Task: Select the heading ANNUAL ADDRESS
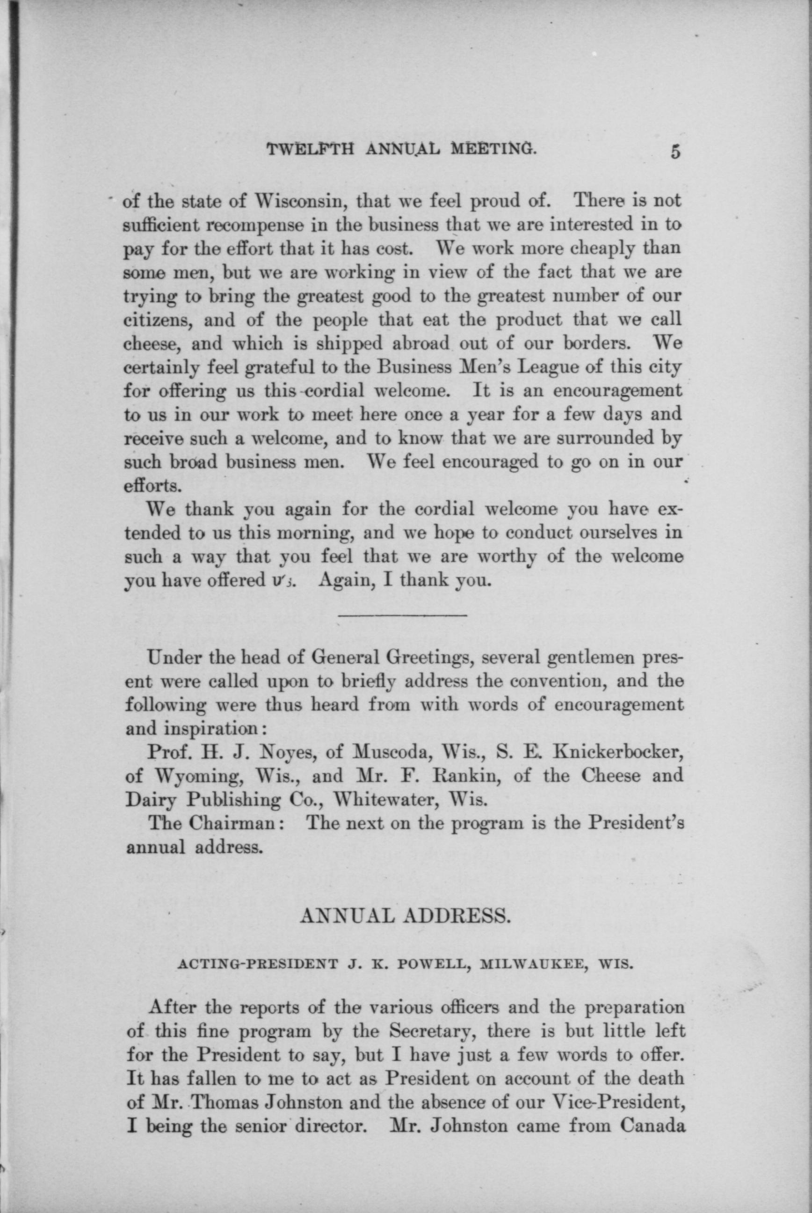(x=406, y=919)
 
